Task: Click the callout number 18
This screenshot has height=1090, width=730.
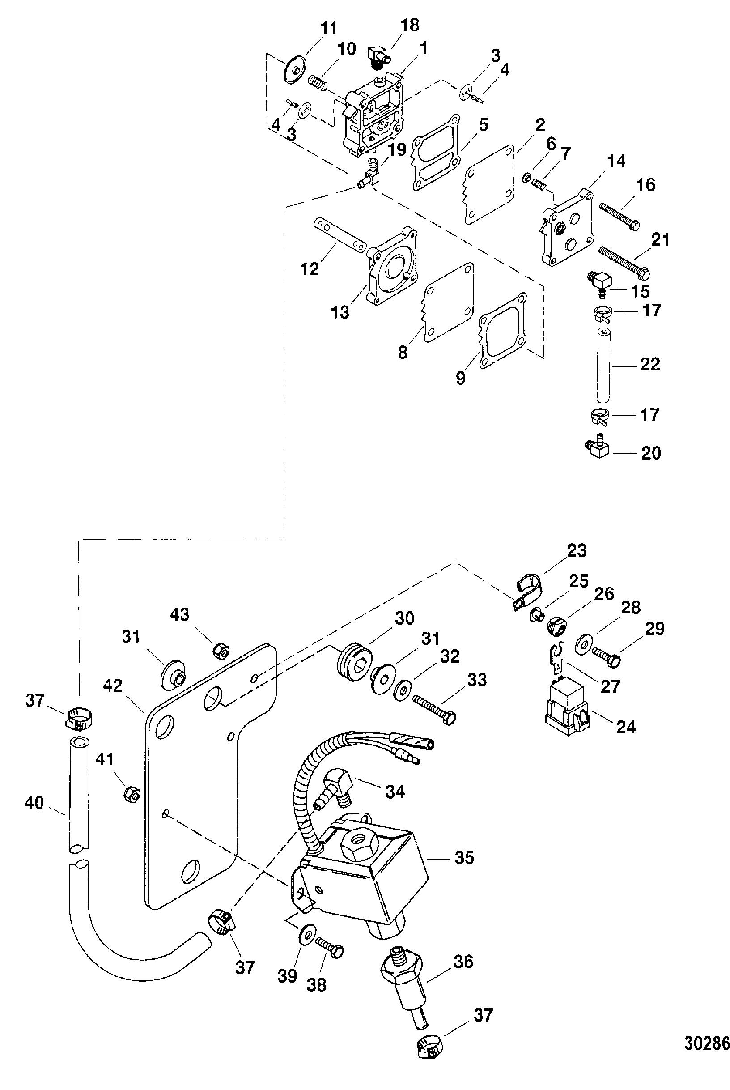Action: pos(410,25)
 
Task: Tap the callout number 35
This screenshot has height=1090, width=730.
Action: pos(464,858)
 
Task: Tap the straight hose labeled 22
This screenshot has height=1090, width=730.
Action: pos(604,364)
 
